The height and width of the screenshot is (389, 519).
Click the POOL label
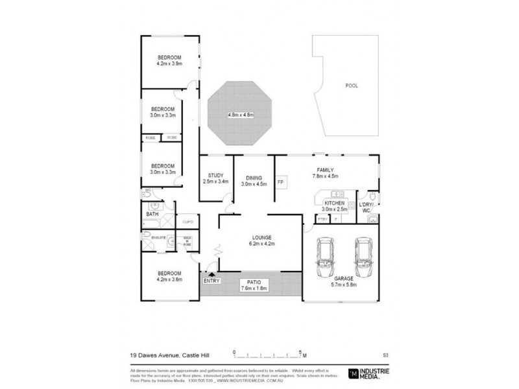pos(351,86)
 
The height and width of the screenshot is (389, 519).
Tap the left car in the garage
pos(324,257)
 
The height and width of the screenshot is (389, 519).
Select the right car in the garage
pos(362,257)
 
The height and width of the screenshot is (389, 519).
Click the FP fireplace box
pos(280,182)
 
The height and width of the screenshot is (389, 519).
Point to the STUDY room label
pos(215,178)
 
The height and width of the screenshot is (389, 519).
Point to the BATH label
pos(152,213)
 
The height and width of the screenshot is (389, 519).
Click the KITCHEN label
pos(335,206)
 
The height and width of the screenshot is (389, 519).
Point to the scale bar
pos(269,355)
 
